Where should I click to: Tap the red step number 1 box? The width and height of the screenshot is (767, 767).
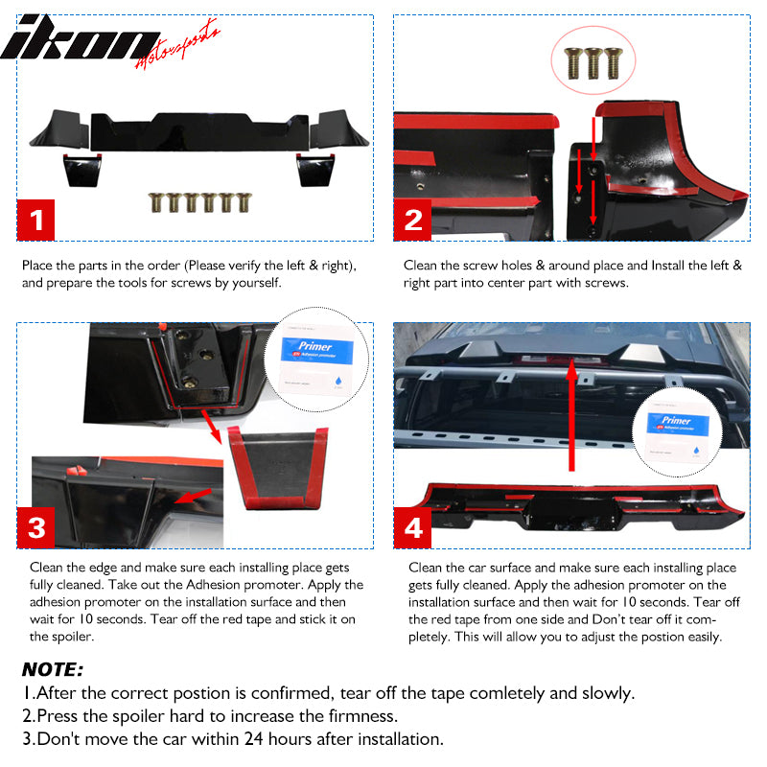click(x=36, y=221)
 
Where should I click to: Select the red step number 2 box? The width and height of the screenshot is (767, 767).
click(x=413, y=221)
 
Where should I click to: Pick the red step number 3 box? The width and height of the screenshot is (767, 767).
click(x=36, y=527)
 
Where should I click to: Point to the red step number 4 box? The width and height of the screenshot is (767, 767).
click(x=413, y=527)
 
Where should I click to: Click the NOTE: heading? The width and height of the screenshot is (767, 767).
click(x=53, y=669)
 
